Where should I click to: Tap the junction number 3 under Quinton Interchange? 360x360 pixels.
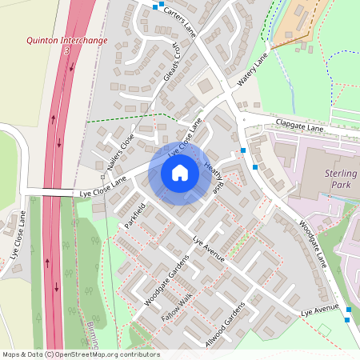(67, 50)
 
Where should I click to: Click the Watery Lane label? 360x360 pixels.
(252, 71)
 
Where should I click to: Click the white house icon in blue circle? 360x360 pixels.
(180, 173)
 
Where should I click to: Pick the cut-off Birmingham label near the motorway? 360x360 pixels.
(94, 342)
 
